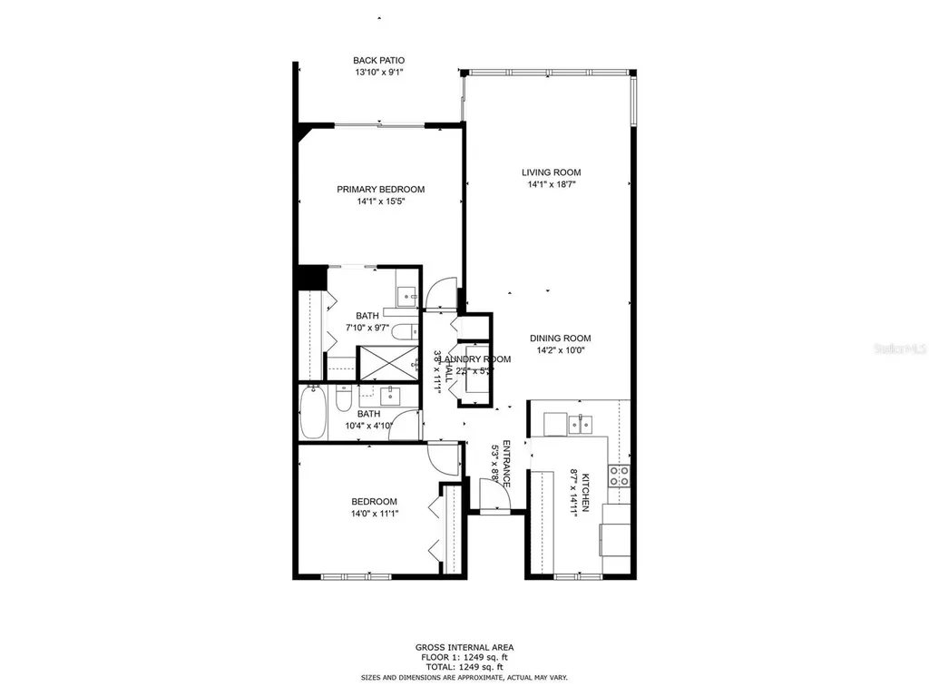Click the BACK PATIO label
point(379,61)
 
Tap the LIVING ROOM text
point(551,172)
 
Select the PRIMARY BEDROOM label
point(380,190)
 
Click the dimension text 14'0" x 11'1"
point(374,514)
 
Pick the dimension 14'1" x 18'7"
point(551,184)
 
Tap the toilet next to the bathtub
point(344,398)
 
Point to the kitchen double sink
point(578,423)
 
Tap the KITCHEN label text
point(586,493)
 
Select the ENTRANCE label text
point(506,464)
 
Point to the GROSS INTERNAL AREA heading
point(464,647)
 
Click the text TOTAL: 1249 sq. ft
point(464,667)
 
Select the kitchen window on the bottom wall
point(571,576)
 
